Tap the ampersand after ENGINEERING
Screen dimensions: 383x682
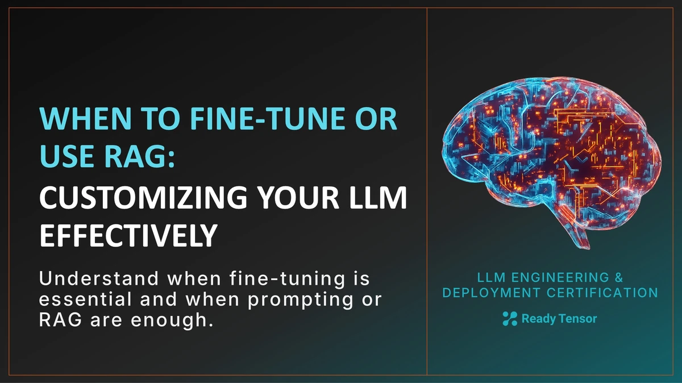pos(603,278)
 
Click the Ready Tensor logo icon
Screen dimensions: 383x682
pos(510,319)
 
